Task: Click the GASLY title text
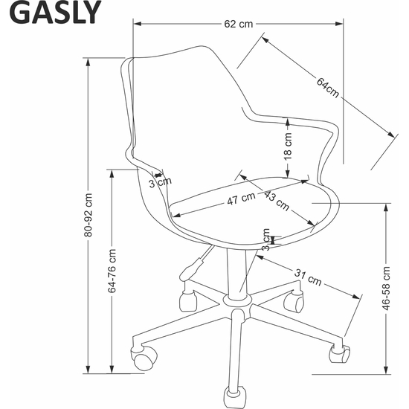click(x=55, y=13)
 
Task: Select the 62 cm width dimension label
click(x=239, y=24)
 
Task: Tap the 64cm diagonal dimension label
click(x=328, y=88)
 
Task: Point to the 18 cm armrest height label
click(x=288, y=146)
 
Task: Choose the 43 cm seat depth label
click(x=277, y=200)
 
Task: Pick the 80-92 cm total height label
click(x=88, y=215)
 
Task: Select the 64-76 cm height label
click(x=112, y=271)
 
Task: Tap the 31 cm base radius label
click(x=308, y=277)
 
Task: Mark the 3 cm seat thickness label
click(x=266, y=239)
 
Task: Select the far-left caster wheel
click(x=144, y=358)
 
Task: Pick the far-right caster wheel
click(x=340, y=353)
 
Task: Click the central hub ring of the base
click(x=237, y=300)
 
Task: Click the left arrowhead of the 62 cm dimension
click(x=138, y=24)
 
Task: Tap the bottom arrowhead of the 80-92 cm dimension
click(x=88, y=370)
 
